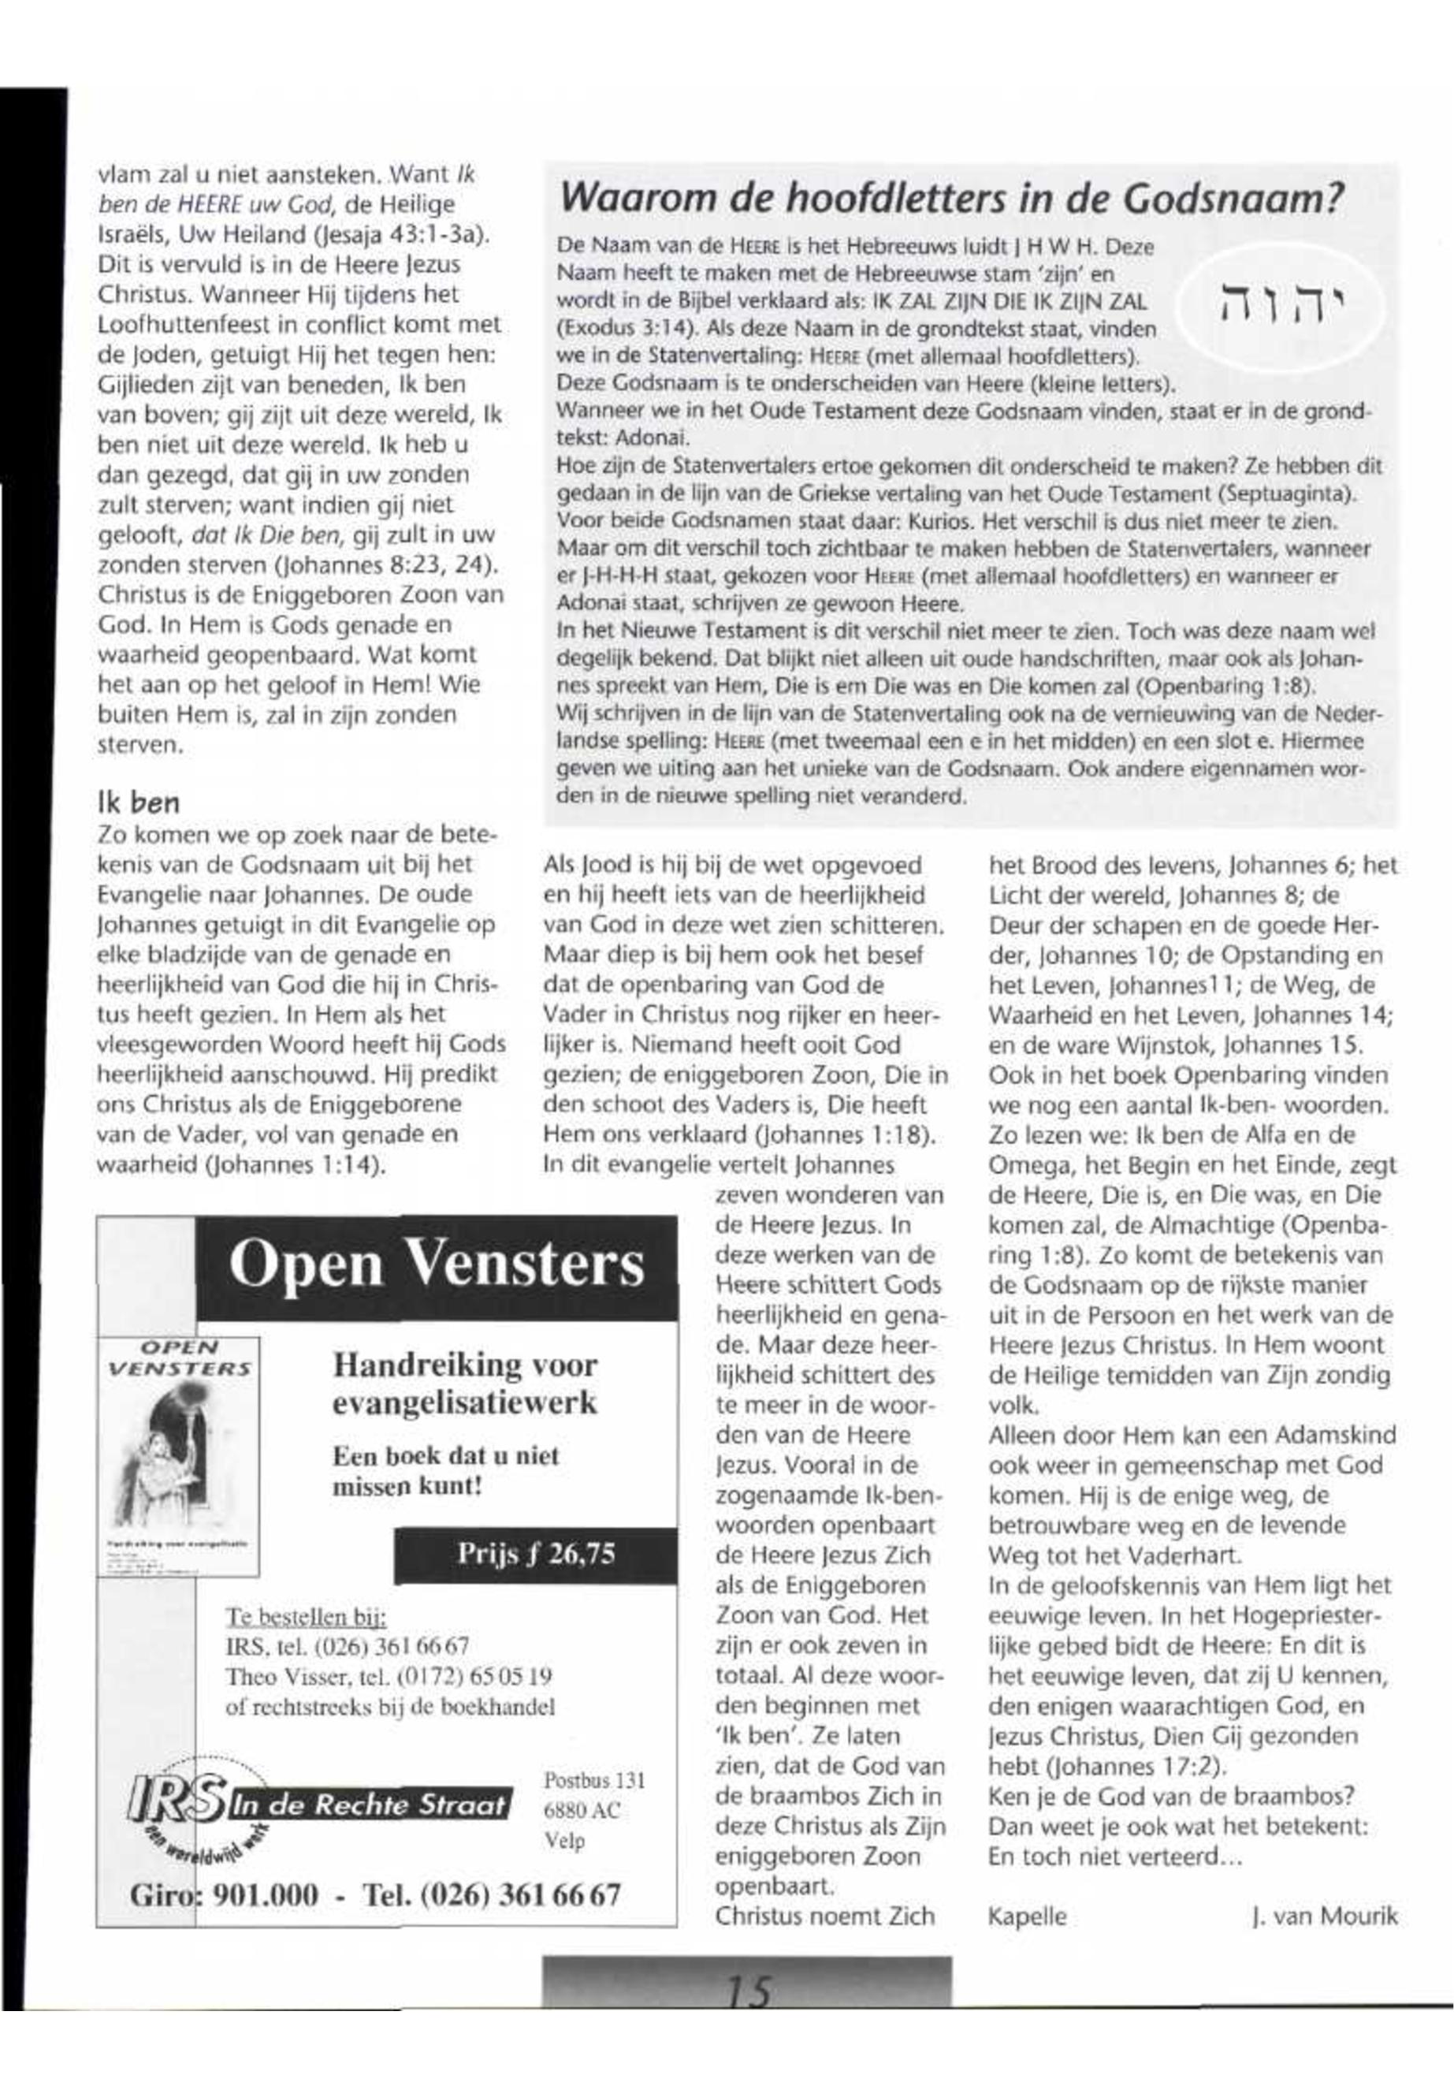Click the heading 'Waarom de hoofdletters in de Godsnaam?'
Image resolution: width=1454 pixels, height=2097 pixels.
[951, 199]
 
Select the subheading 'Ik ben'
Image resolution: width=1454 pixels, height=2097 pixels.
[139, 802]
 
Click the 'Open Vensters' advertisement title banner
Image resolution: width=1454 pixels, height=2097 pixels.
[437, 1266]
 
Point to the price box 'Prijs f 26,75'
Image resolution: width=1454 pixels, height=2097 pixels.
[536, 1555]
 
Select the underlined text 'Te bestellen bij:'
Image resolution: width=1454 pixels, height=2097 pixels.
[306, 1618]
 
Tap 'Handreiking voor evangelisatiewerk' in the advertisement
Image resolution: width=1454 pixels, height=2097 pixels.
[465, 1384]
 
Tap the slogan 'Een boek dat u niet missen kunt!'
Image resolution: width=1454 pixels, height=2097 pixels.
[445, 1470]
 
